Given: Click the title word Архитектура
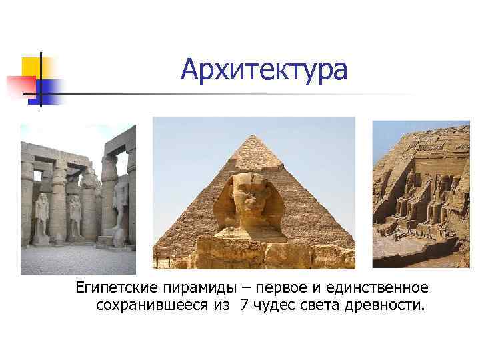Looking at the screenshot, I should [x=263, y=69].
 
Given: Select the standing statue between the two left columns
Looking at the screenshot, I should [x=75, y=215].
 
